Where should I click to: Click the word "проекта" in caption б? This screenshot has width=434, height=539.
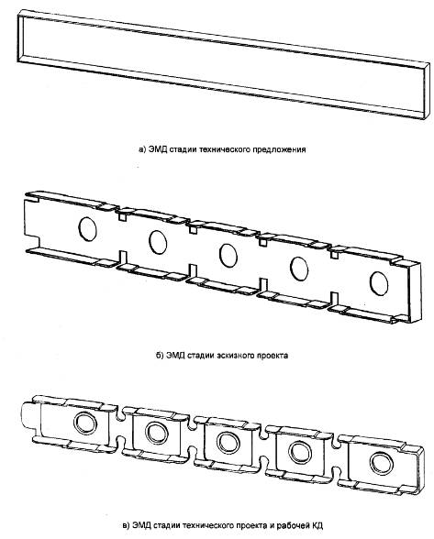273,355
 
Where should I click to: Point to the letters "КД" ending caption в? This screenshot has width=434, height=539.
317,525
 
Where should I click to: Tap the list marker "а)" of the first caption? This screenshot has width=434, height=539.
143,150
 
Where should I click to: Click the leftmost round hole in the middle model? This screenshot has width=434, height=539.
87,228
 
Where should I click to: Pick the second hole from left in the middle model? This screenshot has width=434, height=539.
158,242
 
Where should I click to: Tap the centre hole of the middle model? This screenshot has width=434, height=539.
228,256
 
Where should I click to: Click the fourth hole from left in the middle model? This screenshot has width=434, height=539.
299,269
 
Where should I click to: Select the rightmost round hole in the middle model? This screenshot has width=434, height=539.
379,283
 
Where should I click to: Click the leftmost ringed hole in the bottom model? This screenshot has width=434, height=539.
85,422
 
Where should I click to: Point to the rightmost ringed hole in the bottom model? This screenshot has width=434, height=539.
382,464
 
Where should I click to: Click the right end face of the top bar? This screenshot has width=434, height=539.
427,92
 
